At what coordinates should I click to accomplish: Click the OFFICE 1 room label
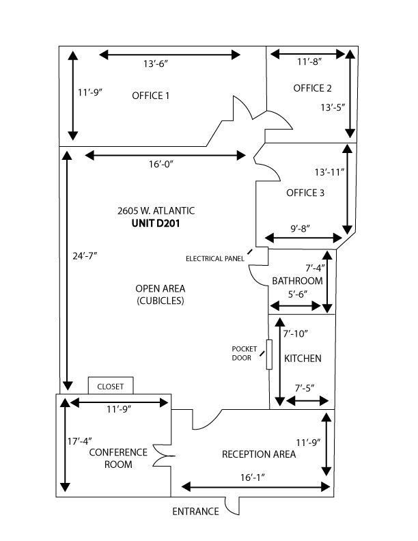tap(150, 96)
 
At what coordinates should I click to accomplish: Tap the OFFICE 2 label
tap(312, 88)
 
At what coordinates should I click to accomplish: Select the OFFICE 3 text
tap(305, 193)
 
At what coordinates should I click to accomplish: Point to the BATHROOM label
tap(297, 281)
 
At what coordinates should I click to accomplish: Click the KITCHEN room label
tap(303, 359)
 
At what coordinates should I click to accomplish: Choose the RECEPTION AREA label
tap(258, 454)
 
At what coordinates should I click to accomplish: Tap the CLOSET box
tap(111, 387)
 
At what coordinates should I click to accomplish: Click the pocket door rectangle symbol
tap(270, 355)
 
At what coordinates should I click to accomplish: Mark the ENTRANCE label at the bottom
tap(195, 512)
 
